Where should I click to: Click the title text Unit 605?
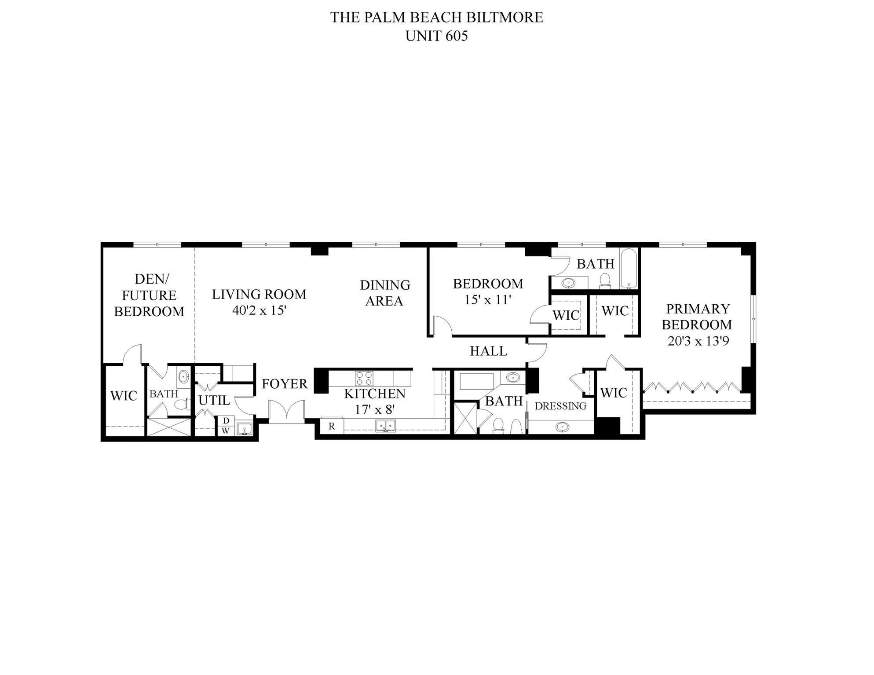pos(436,36)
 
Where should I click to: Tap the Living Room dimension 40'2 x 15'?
pos(259,310)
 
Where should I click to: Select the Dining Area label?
pos(385,293)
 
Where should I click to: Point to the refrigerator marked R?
pos(332,426)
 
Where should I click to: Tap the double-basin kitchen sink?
pos(385,426)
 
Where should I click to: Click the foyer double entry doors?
pos(287,412)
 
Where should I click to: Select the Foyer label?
pos(285,384)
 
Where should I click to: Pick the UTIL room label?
pos(214,400)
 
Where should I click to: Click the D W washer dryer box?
pos(226,426)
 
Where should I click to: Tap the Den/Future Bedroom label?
pos(149,295)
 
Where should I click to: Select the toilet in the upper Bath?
pos(605,281)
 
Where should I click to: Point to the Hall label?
pos(488,351)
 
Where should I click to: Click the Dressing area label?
pos(560,406)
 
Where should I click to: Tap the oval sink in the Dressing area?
pos(562,427)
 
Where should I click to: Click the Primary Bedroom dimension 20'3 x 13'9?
pos(698,341)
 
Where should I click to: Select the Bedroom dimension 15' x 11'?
pos(488,300)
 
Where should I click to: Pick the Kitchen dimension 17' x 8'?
pos(375,409)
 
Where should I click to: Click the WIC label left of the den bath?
pos(124,396)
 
